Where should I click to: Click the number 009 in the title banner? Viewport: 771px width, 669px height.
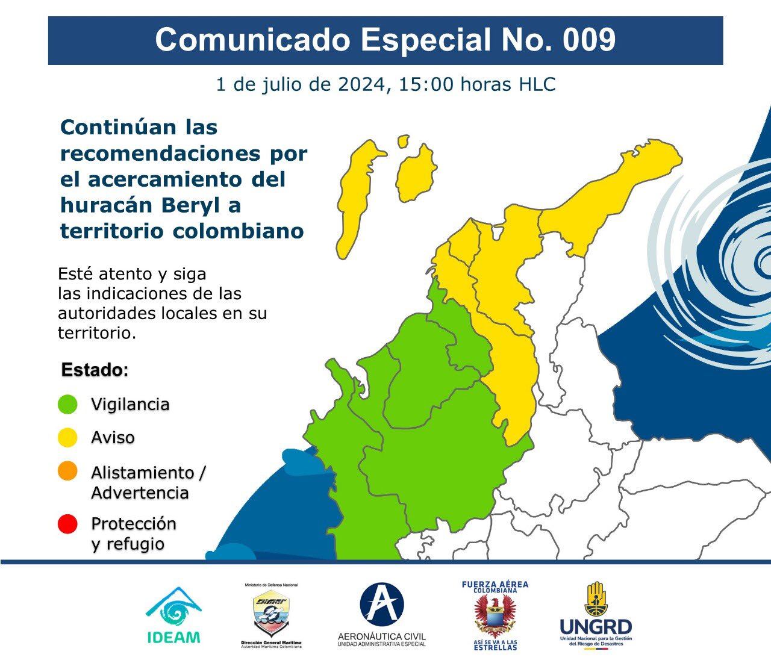point(589,40)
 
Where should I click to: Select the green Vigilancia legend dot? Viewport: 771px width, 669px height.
point(67,404)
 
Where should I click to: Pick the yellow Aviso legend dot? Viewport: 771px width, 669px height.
point(67,438)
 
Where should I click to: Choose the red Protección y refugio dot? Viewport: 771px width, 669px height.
point(67,524)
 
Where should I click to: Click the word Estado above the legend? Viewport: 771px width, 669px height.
point(95,370)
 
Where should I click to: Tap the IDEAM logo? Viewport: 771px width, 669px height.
point(173,615)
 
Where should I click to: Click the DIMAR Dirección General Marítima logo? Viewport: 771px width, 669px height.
point(270,615)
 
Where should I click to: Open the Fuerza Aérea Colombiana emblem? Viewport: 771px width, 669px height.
point(495,615)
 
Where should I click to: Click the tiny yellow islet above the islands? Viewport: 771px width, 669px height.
point(402,141)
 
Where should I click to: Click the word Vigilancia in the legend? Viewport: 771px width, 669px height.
point(130,404)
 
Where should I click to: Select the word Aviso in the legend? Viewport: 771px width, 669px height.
point(113,438)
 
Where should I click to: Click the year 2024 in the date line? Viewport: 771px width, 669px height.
point(360,85)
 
